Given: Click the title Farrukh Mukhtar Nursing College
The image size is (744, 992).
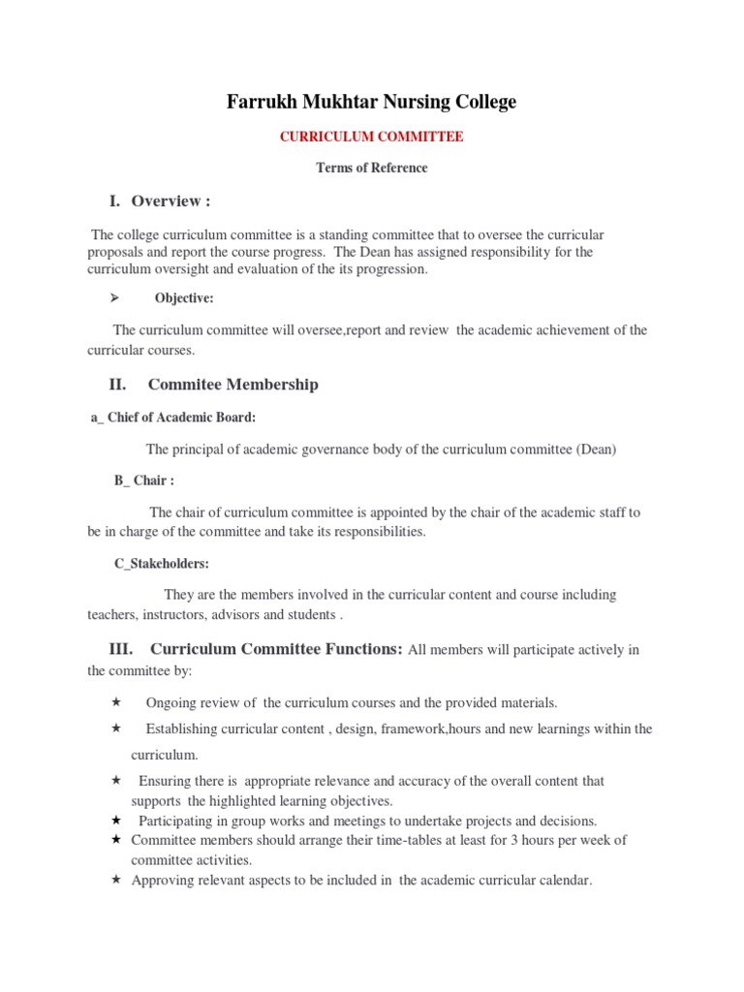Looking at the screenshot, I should pos(372,103).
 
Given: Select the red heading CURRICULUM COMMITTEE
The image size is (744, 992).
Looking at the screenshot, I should pos(372,138).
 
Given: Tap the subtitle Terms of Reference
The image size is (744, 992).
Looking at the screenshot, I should pos(372,168).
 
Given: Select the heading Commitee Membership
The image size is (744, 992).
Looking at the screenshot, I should pos(232,385).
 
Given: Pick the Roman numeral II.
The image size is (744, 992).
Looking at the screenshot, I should pos(117,385).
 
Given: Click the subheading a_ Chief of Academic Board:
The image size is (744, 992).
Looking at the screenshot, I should pos(173,417).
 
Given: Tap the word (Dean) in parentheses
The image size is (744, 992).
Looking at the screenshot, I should pos(597,449).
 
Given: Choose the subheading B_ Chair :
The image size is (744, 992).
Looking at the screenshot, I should pos(144,480).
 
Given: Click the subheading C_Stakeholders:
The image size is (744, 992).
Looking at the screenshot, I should pos(161,563).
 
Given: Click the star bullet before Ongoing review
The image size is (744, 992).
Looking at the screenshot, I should pos(115,701).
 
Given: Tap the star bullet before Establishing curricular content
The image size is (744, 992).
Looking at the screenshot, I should pos(115,728).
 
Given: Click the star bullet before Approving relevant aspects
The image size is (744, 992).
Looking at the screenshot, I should pos(115,881).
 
